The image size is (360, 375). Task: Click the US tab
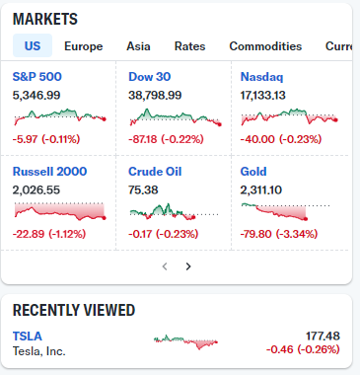33,45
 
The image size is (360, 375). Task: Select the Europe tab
84,46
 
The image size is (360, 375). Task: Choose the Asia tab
138,46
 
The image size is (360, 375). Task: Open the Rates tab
189,46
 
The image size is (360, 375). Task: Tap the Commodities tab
265,46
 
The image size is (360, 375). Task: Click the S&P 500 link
37,77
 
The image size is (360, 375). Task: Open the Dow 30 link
150,77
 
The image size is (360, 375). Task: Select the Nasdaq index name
261,77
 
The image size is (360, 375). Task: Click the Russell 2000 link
49,172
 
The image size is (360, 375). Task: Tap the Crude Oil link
155,172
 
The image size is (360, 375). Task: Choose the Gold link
253,172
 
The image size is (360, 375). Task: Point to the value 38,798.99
155,96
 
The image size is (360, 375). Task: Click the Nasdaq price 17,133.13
263,96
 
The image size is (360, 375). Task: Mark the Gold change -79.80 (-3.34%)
279,234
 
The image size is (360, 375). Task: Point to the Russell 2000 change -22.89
29,234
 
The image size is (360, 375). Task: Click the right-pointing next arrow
188,266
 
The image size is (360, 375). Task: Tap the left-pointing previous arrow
165,266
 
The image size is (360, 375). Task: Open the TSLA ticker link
28,337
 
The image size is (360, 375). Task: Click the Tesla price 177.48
323,336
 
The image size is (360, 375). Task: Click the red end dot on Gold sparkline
306,219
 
